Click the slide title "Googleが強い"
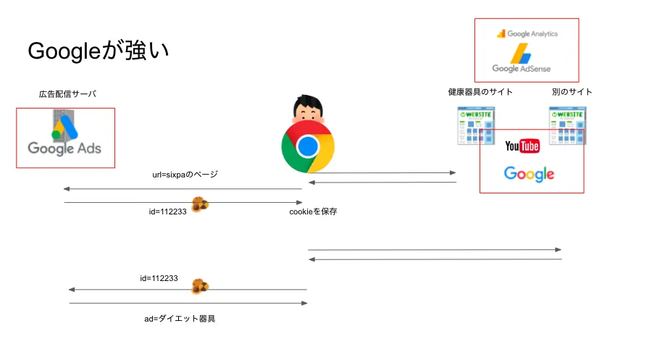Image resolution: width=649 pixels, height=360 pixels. (x=99, y=51)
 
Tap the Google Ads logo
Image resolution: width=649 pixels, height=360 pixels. (x=64, y=138)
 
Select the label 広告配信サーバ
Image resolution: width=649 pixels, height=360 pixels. (x=67, y=94)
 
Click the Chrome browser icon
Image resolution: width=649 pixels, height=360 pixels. (x=308, y=146)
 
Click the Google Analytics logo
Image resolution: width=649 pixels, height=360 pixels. (x=527, y=33)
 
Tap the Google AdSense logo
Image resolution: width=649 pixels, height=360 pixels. (x=521, y=59)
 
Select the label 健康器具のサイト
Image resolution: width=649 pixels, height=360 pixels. (x=480, y=92)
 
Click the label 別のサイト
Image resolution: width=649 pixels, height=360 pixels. (x=571, y=92)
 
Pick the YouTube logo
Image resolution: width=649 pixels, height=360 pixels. (x=522, y=147)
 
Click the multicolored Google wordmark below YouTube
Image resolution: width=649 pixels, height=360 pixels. (x=529, y=174)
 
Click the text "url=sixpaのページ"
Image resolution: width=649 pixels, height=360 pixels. (x=184, y=175)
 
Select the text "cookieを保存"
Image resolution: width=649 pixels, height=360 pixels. (x=313, y=212)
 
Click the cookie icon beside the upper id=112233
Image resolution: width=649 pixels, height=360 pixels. (x=201, y=205)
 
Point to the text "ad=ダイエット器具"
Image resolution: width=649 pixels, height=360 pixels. (x=180, y=318)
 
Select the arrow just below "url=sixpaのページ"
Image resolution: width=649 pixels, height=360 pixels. (x=182, y=189)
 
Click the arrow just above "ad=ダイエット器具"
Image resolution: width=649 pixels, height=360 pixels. (x=188, y=304)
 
